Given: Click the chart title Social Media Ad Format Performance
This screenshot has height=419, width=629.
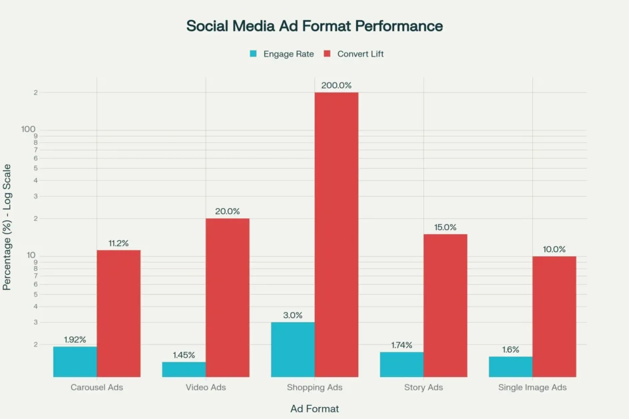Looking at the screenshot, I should point(314,26).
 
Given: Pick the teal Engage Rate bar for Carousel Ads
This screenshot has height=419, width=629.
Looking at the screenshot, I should point(75,361).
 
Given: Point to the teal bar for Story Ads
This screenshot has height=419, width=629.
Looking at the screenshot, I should point(401,364).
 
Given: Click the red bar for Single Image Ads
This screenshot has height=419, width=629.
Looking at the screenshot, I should point(554,316).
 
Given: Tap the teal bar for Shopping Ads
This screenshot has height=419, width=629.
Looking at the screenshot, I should point(293,349).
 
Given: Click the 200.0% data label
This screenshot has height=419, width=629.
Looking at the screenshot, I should point(336,85).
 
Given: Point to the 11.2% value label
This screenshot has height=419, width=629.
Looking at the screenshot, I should point(118,243).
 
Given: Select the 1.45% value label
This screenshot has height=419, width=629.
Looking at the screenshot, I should point(184,355).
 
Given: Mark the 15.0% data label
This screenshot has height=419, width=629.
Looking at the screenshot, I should point(445,227).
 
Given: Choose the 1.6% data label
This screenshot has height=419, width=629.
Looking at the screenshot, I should point(511,350).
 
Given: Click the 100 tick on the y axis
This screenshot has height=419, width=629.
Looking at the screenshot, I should point(29,129).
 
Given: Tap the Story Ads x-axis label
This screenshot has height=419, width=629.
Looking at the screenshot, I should point(423,387).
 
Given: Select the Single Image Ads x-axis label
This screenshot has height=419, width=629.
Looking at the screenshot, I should point(532,387).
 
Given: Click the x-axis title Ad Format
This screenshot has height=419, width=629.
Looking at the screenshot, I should point(314,408).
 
